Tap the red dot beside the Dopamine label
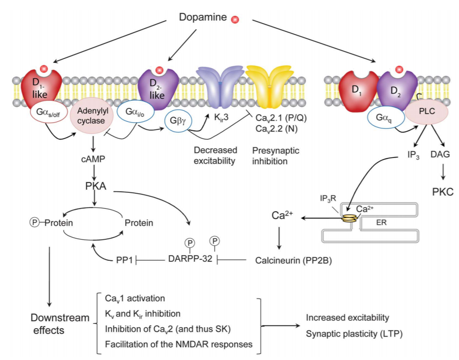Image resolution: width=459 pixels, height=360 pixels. coord(236,20)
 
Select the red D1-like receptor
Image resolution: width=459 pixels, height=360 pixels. coord(47,84)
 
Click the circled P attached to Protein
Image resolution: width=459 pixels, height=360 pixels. coord(34,222)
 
